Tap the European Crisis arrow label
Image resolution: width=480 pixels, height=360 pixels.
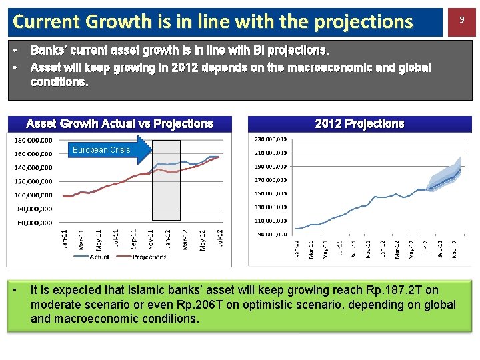point(101,150)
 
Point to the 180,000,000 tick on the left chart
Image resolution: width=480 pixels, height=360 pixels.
point(33,140)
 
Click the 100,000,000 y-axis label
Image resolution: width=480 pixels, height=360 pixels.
point(33,195)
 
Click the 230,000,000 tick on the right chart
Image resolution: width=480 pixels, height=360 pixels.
point(270,139)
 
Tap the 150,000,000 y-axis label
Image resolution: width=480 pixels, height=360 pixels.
point(270,193)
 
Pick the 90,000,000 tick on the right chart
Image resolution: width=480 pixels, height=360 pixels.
point(271,234)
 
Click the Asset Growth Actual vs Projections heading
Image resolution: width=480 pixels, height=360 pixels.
point(119,124)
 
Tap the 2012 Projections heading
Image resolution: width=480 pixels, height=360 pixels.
point(359,124)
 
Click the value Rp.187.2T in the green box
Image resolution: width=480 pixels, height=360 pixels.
point(395,290)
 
